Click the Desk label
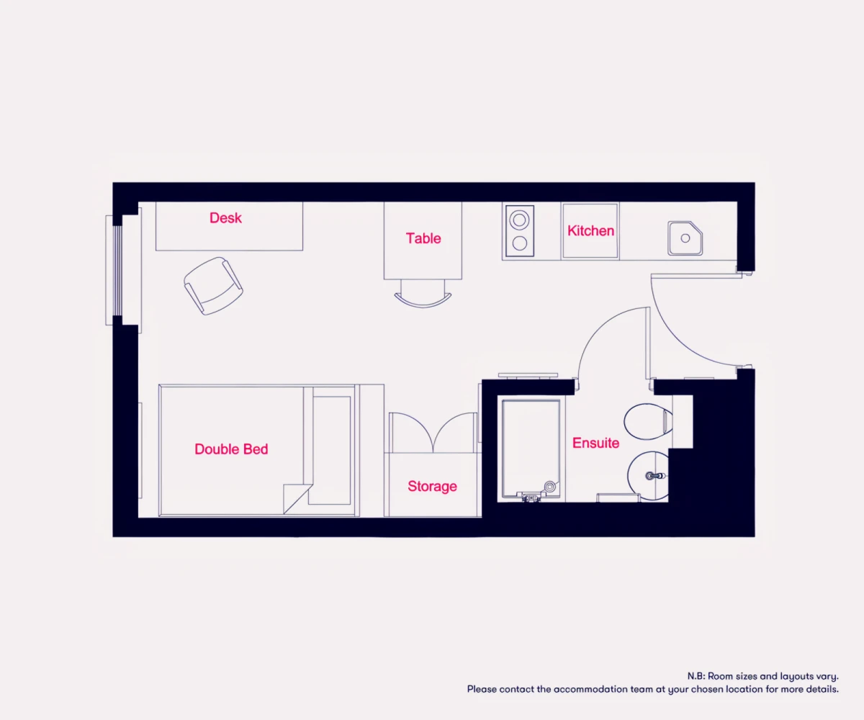pyautogui.click(x=225, y=218)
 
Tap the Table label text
pyautogui.click(x=423, y=238)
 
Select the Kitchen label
pyautogui.click(x=590, y=231)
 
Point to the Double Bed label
pyautogui.click(x=231, y=449)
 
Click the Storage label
pyautogui.click(x=433, y=486)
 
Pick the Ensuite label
pyautogui.click(x=596, y=444)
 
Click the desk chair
pyautogui.click(x=213, y=286)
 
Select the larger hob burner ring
pyautogui.click(x=519, y=220)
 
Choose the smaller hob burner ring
pyautogui.click(x=520, y=243)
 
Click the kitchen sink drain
pyautogui.click(x=685, y=238)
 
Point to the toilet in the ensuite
pyautogui.click(x=649, y=422)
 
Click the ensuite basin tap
pyautogui.click(x=655, y=476)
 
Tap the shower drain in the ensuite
pyautogui.click(x=549, y=487)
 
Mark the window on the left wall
pyautogui.click(x=117, y=271)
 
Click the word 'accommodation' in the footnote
pyautogui.click(x=588, y=689)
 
